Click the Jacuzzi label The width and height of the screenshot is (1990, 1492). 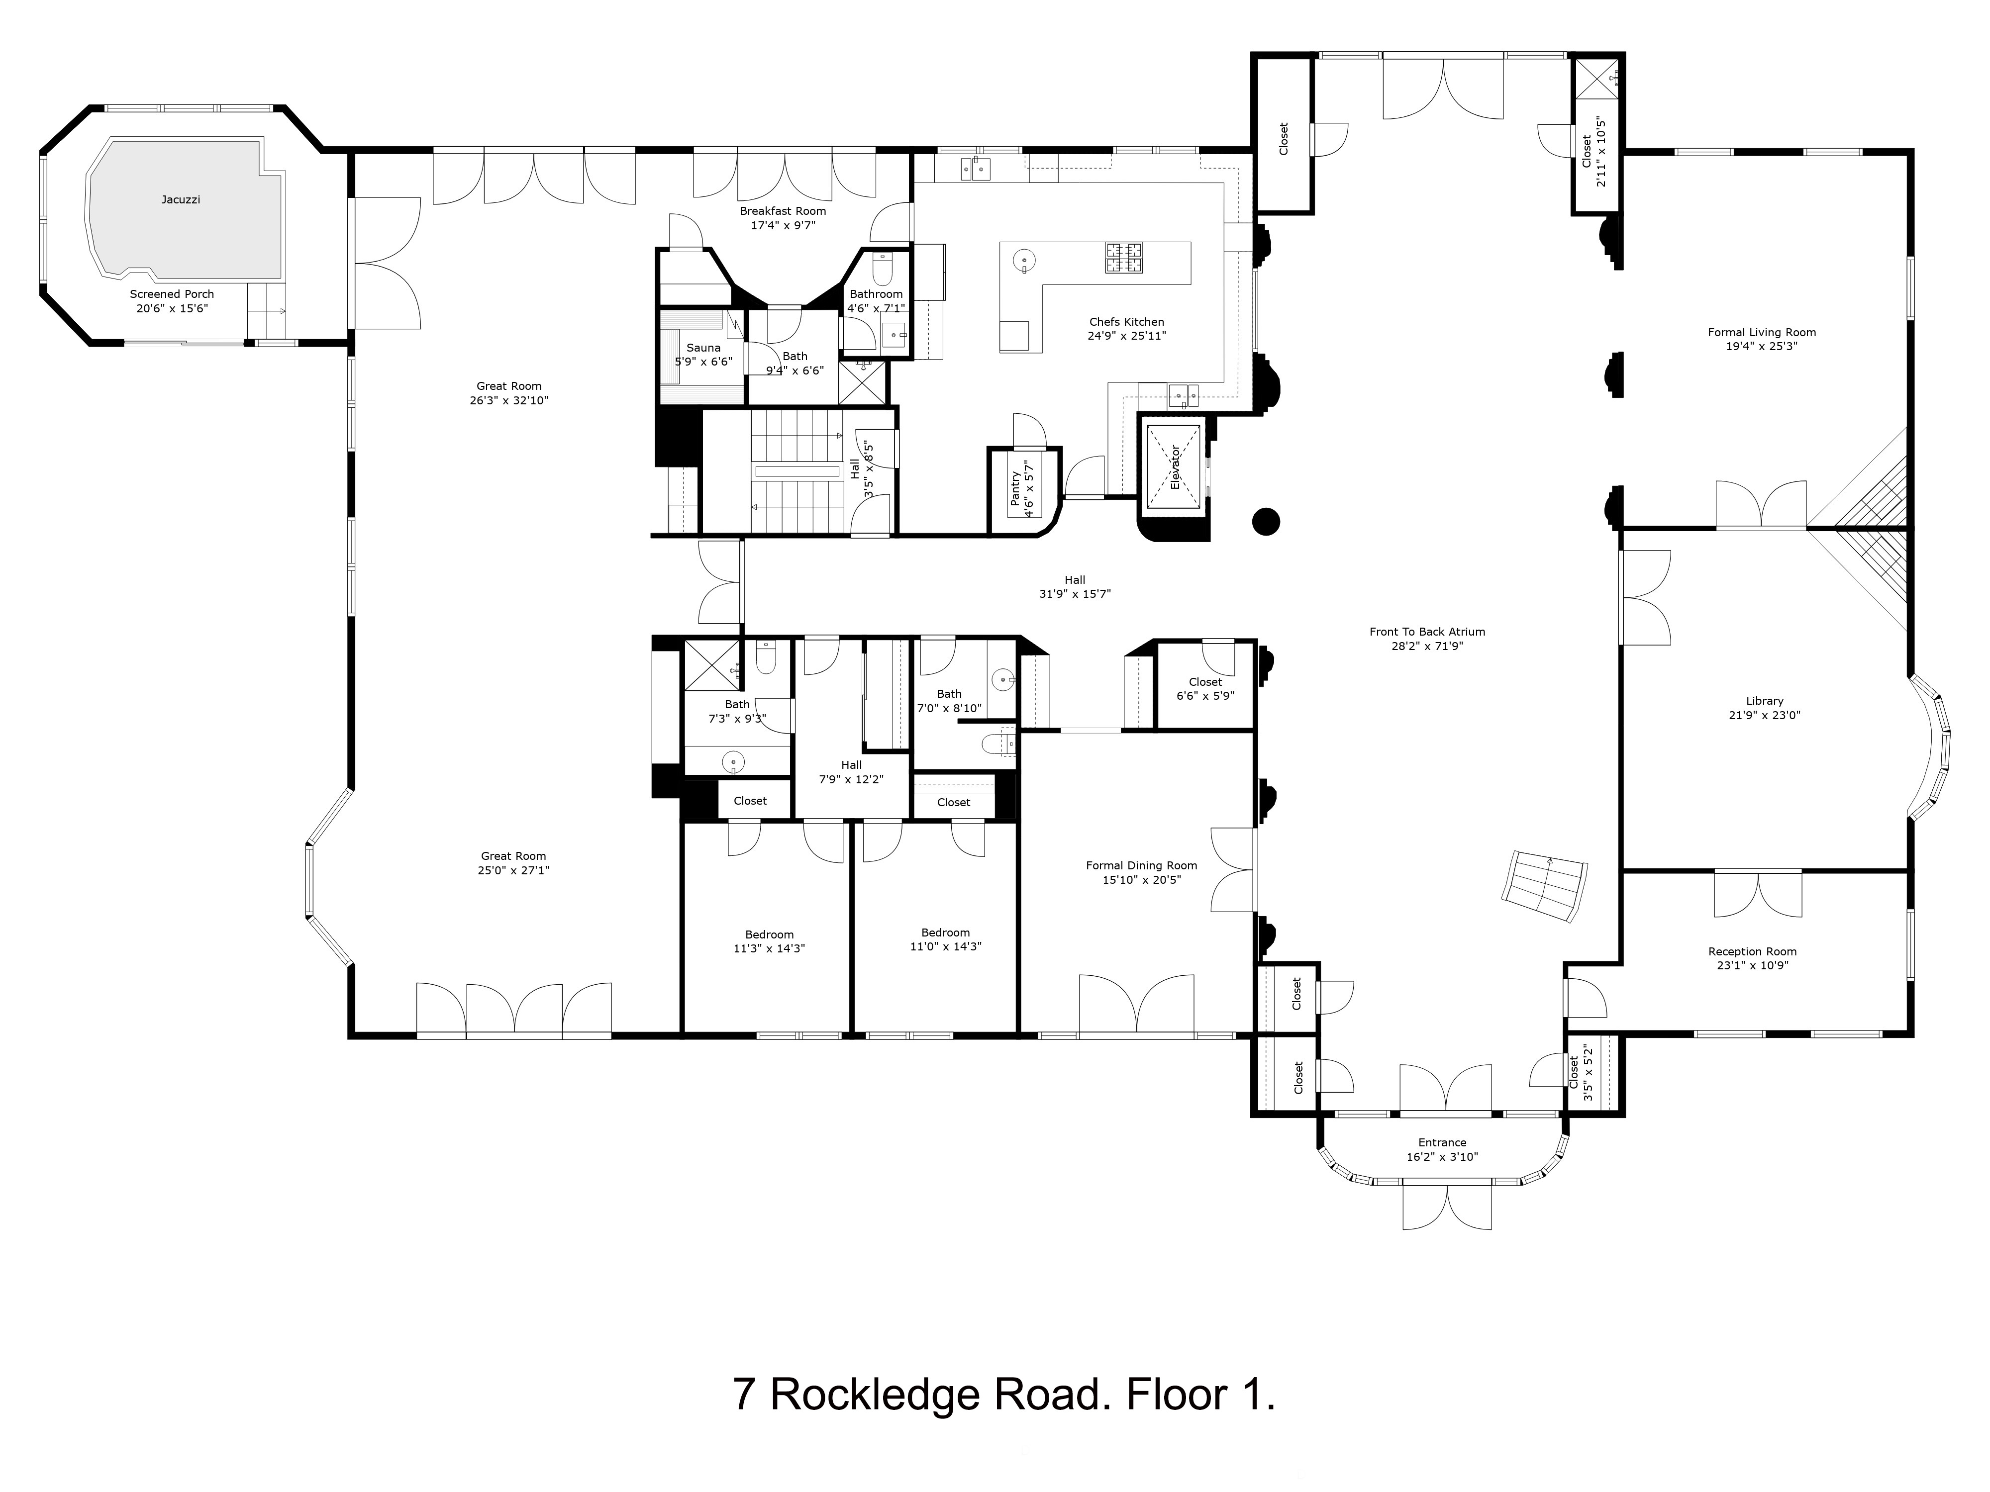click(x=181, y=199)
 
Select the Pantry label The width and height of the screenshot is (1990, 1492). click(x=1016, y=488)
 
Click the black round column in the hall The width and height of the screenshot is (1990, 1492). click(x=1266, y=522)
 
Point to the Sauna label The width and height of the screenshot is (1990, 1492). click(x=703, y=348)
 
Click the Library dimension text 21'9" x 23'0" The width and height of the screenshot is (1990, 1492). click(x=1764, y=716)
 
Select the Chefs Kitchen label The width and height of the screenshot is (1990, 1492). click(x=1126, y=322)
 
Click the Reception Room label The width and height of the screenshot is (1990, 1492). click(x=1752, y=951)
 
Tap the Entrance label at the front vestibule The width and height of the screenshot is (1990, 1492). click(x=1442, y=1143)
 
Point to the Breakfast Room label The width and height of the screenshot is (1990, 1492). click(x=783, y=211)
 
